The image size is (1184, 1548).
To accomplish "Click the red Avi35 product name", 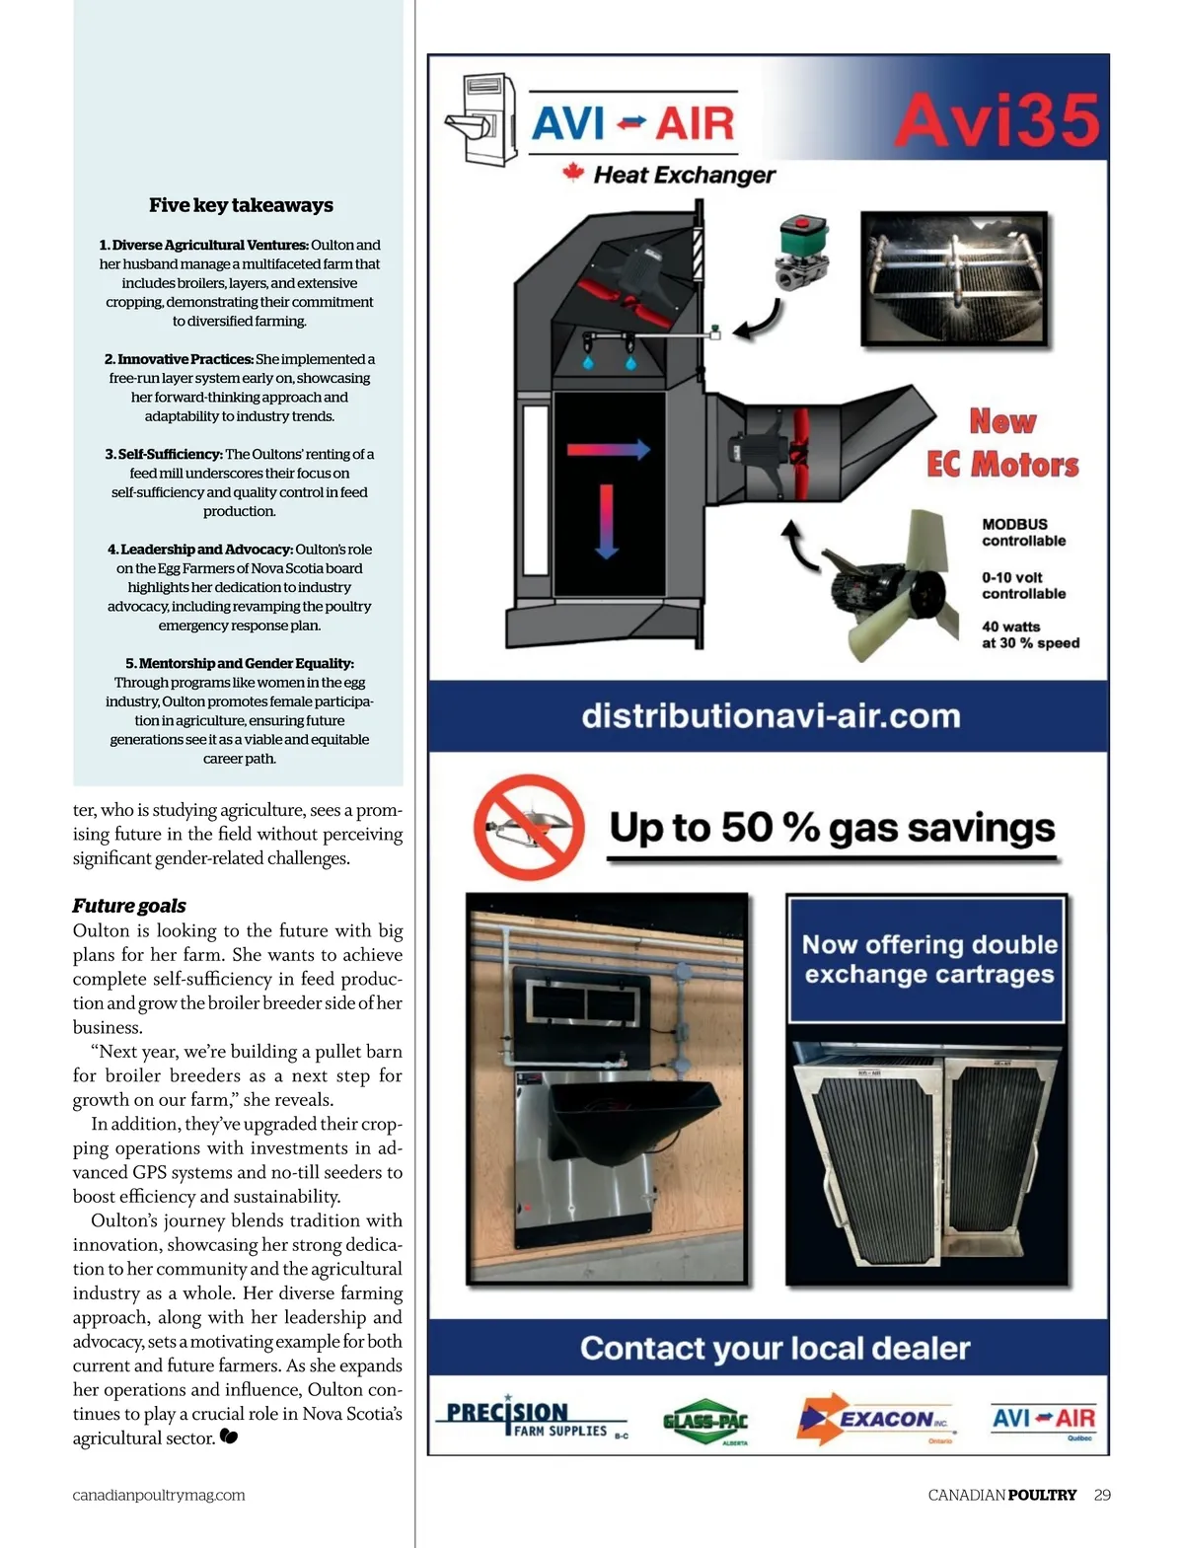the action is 998,119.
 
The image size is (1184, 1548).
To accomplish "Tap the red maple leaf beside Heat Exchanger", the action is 573,172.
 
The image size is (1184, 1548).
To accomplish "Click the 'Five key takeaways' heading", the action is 241,205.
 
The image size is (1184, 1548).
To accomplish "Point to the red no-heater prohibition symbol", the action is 528,827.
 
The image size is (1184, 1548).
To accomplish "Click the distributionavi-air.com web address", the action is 771,716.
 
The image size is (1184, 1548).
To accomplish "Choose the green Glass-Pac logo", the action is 705,1421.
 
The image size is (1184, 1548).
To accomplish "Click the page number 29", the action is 1102,1495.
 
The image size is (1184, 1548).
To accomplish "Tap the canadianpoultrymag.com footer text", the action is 159,1495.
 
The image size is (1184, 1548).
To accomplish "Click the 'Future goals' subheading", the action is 129,906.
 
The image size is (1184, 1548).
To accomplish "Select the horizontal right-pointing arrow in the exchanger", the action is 609,449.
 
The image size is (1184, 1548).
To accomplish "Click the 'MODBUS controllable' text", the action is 1023,533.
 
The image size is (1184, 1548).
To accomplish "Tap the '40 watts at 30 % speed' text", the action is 1030,634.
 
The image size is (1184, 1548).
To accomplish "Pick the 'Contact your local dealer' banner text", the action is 775,1349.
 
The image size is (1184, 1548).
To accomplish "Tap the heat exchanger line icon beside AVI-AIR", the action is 481,119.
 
